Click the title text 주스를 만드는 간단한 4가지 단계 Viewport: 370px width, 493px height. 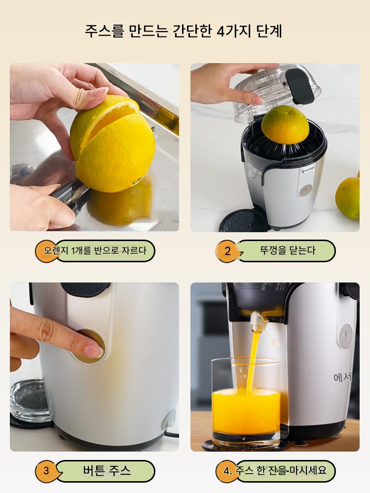click(183, 31)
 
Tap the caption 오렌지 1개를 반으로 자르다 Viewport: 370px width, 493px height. click(95, 250)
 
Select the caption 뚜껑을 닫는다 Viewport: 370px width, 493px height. click(288, 250)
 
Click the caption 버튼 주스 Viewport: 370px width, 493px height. click(107, 470)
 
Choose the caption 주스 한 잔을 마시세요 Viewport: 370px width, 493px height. click(281, 471)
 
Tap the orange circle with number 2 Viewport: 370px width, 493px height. click(227, 251)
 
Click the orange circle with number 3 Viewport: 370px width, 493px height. click(46, 471)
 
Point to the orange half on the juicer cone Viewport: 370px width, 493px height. click(285, 125)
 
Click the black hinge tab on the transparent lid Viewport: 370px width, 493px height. click(299, 86)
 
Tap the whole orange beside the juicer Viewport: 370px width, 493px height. click(348, 198)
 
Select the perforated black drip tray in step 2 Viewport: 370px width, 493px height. click(243, 221)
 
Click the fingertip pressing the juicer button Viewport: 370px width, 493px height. click(94, 351)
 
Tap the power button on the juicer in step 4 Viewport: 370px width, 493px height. click(346, 336)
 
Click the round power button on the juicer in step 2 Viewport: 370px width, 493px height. click(305, 190)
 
